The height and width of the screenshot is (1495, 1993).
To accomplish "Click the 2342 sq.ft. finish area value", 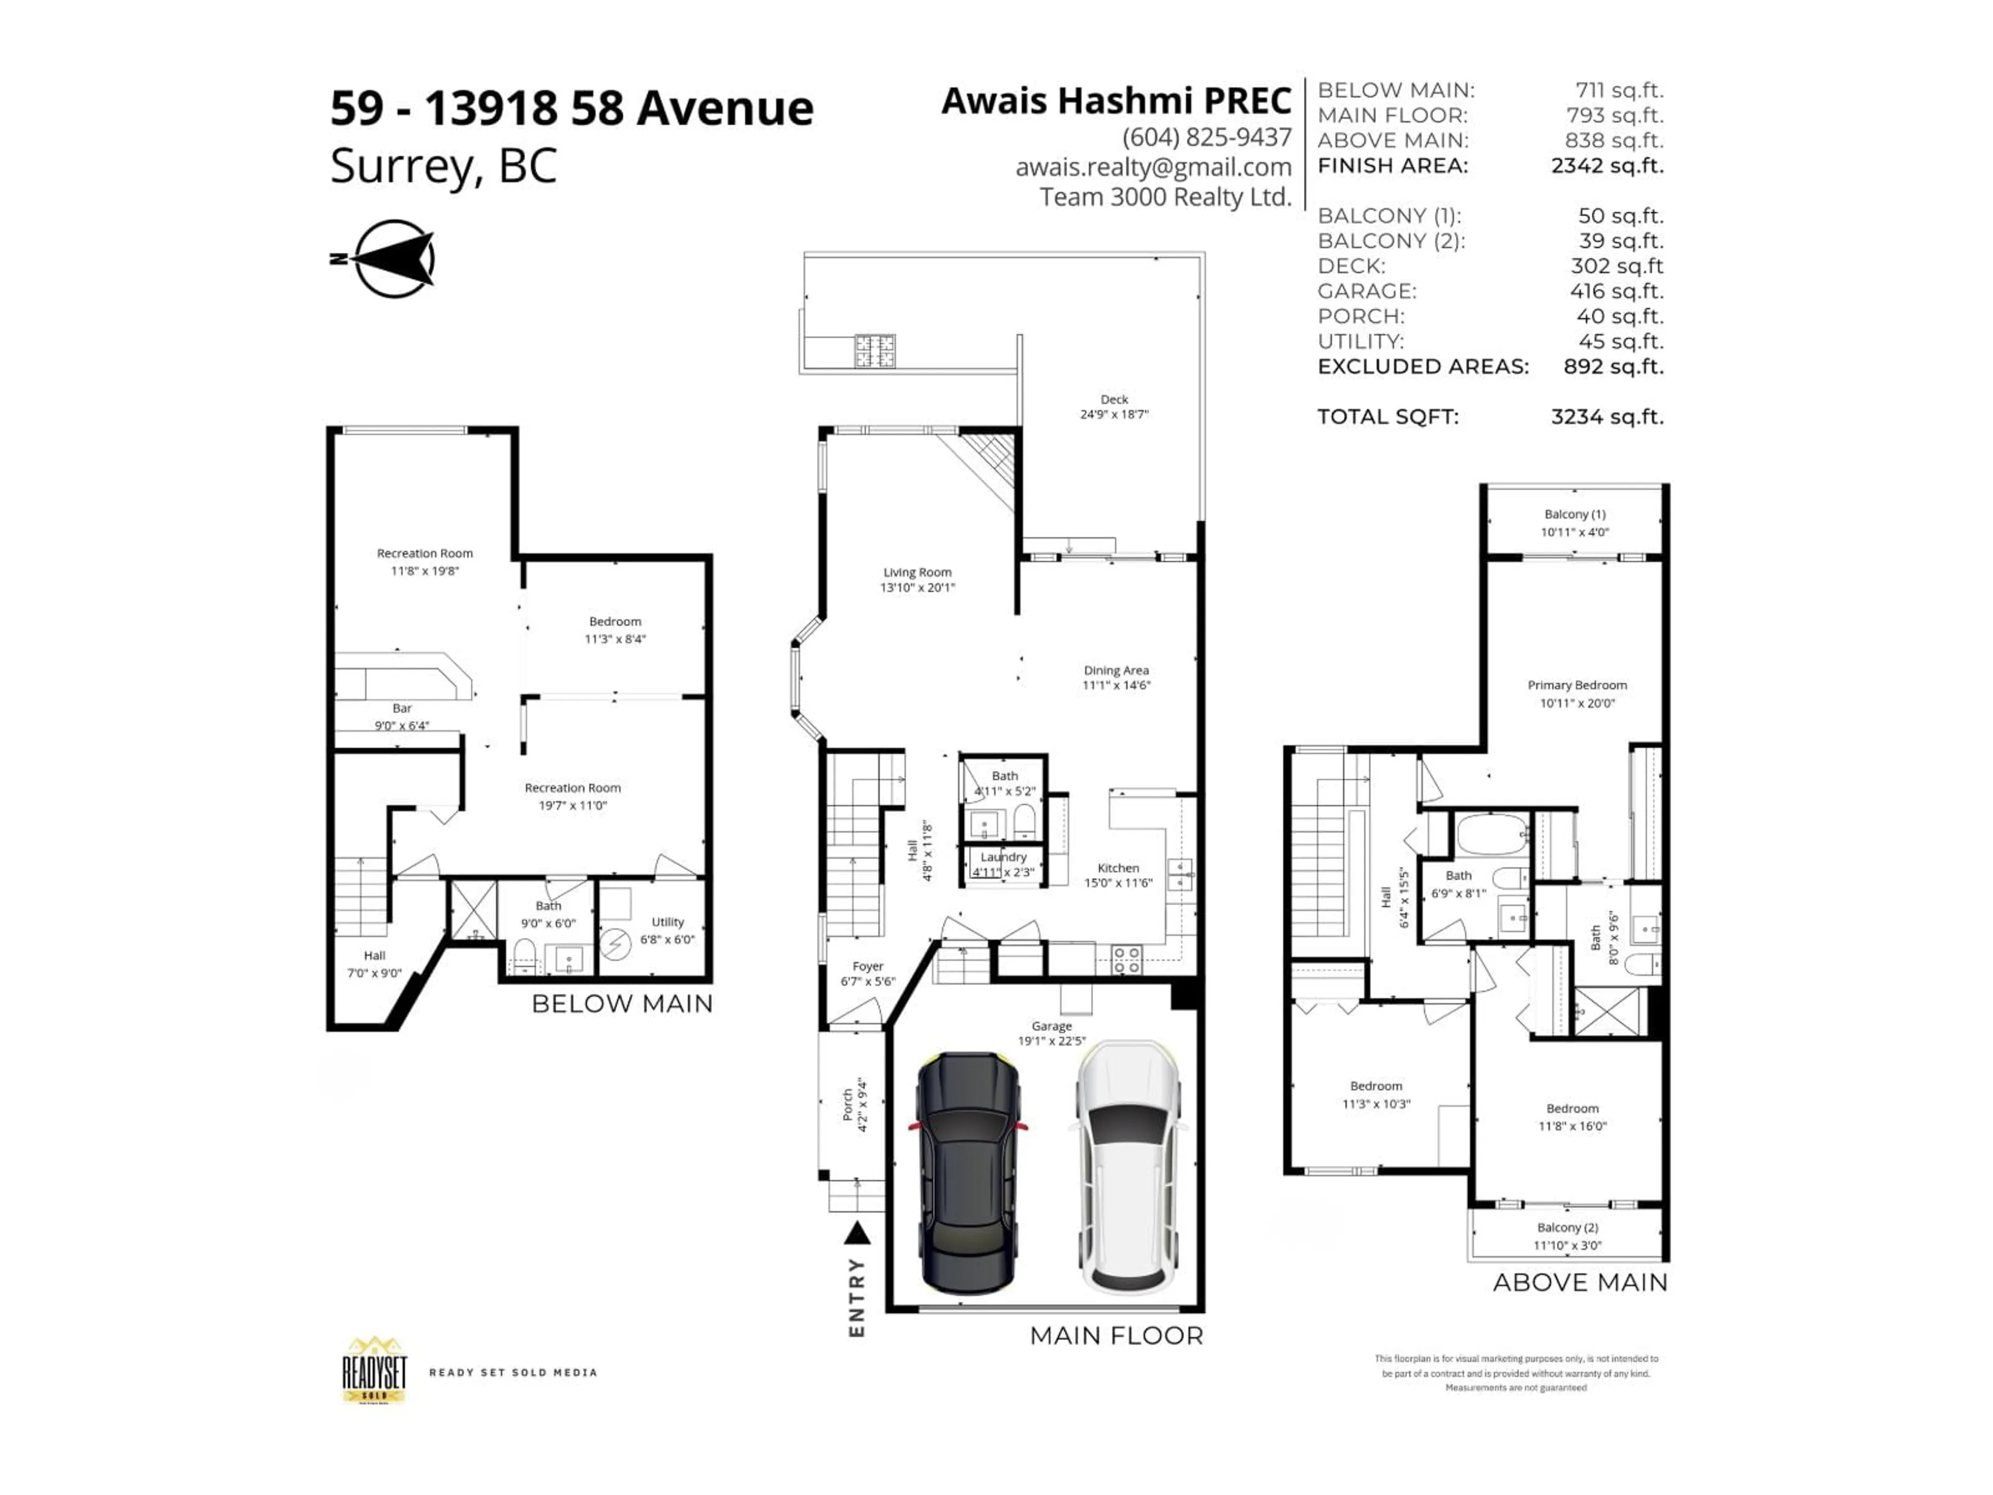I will coord(1606,166).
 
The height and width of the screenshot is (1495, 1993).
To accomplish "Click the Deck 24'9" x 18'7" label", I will coord(1114,406).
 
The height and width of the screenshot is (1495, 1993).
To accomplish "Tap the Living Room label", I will coord(917,579).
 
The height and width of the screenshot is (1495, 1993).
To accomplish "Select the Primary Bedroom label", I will coord(1577,693).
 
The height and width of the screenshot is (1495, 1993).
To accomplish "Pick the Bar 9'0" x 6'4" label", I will coord(402,716).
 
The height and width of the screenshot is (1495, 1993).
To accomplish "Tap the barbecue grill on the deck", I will coord(875,350).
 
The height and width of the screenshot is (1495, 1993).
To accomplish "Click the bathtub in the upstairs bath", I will coord(1491,834).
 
